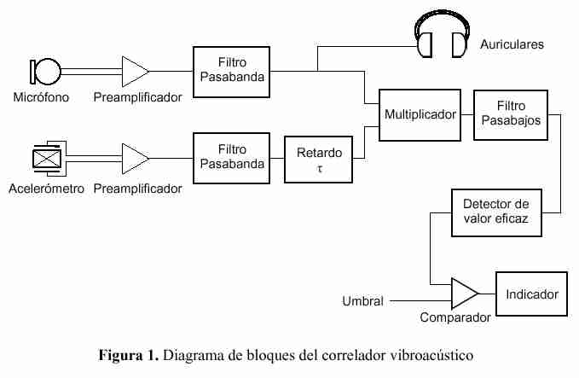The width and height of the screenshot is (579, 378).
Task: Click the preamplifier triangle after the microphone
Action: [135, 71]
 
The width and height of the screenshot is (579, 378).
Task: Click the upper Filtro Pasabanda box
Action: [229, 71]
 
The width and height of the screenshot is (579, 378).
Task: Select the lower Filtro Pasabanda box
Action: [229, 159]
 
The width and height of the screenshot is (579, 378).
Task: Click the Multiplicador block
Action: [420, 113]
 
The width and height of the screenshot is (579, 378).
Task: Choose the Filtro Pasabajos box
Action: [511, 113]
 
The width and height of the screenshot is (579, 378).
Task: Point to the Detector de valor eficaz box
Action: [495, 212]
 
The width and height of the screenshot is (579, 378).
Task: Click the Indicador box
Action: [532, 294]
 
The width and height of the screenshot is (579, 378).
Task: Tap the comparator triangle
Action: [464, 294]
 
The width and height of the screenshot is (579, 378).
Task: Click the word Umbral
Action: [362, 301]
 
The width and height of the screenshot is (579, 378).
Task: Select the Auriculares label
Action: [512, 44]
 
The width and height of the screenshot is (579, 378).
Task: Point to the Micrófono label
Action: [41, 98]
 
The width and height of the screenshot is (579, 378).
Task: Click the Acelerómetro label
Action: [46, 189]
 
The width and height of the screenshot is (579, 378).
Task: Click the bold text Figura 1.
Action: [129, 353]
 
